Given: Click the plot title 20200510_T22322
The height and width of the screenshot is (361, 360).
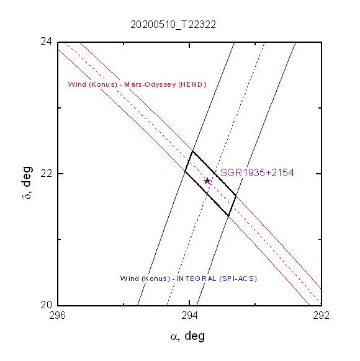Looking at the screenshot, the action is point(173,25).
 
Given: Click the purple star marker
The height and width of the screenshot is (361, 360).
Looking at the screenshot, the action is point(207,181).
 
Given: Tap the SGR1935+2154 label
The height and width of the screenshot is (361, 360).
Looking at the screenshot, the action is point(257,172).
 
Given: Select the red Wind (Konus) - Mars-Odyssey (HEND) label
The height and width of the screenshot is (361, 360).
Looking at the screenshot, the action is point(137,84).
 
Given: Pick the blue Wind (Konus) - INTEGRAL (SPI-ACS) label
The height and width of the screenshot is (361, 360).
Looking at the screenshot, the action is point(189,279).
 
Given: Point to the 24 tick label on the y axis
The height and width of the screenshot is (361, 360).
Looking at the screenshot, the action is point(46,42).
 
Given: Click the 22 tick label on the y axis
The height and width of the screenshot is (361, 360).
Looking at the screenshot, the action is point(46,173).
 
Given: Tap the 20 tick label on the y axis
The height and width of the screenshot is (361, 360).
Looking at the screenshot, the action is point(46,305).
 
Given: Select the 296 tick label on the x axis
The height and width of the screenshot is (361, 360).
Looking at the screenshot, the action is point(57,316).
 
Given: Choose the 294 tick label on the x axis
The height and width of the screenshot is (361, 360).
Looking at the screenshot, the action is point(189,316).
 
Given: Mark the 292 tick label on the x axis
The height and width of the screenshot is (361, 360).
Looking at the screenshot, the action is point(321,316).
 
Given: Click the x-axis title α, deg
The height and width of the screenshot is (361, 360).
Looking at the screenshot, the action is point(187,336).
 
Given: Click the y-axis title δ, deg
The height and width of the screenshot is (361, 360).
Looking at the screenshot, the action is point(27,182).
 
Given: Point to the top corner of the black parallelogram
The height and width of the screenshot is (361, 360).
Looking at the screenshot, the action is point(192,151).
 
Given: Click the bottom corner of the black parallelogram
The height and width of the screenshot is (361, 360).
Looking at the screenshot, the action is point(228,216).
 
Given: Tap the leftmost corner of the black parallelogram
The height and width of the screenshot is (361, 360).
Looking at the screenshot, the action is point(185,171).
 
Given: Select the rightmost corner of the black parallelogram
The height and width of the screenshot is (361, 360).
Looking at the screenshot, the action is point(236,195).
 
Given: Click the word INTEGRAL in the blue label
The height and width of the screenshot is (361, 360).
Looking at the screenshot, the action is point(197,279).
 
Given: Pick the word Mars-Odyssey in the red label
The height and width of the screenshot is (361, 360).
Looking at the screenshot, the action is point(150,85).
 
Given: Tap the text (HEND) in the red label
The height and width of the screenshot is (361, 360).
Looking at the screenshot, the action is point(192,84).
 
